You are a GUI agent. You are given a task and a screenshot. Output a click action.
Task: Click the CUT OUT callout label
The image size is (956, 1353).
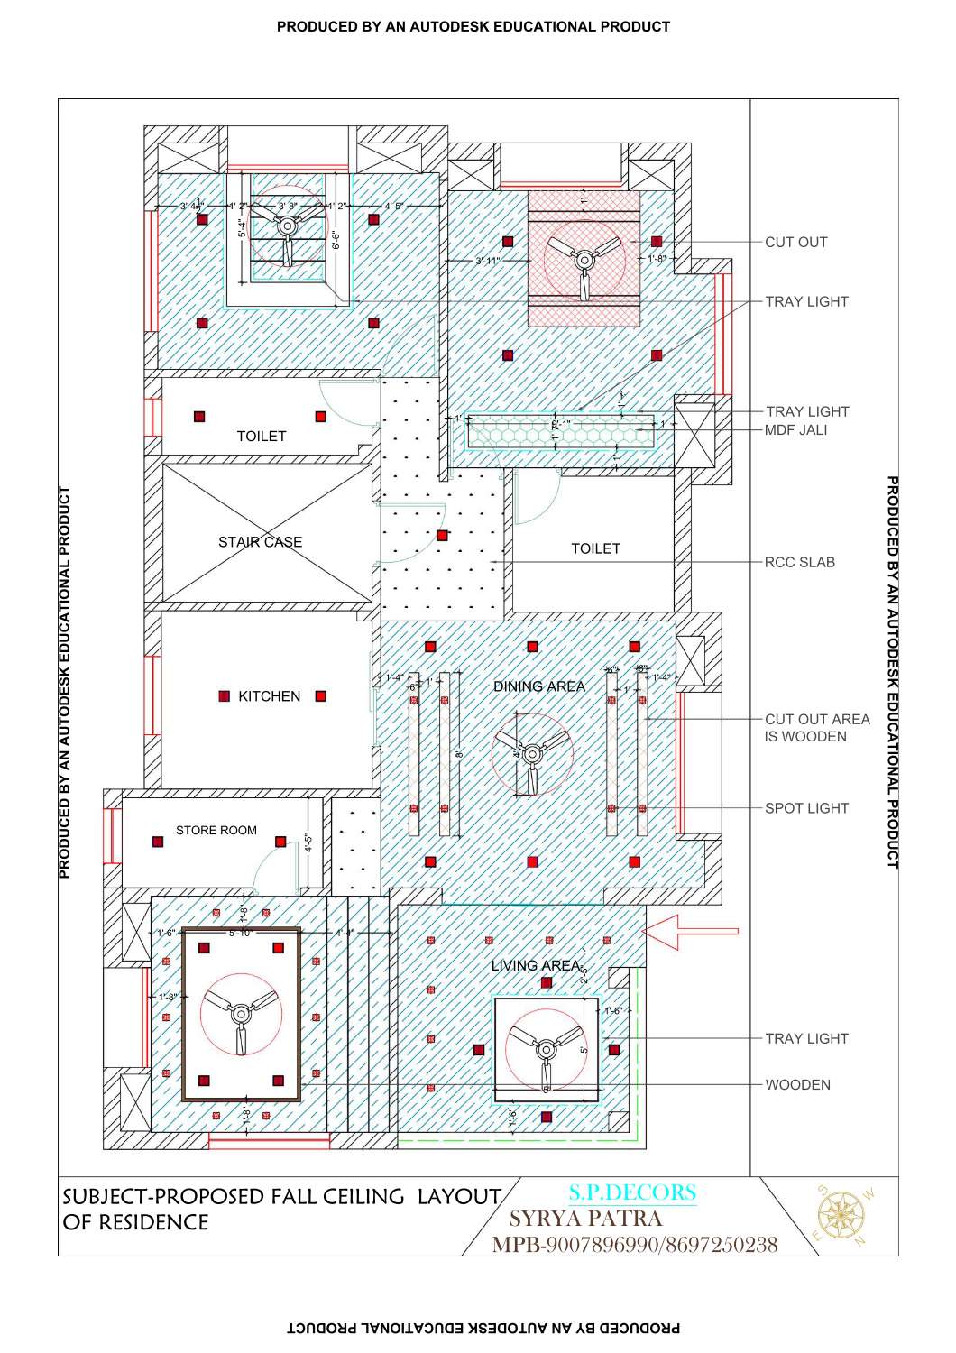(x=795, y=242)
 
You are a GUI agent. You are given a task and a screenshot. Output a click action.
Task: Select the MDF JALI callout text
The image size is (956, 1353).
(x=795, y=430)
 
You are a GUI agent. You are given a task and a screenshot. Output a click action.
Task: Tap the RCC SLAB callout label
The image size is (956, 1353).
(x=799, y=562)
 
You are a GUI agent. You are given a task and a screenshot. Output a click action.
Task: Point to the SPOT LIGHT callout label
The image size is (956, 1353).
(x=806, y=808)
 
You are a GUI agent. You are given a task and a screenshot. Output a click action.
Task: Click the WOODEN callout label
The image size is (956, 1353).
(x=797, y=1085)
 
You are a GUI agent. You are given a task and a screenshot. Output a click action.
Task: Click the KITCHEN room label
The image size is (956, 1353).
(x=269, y=696)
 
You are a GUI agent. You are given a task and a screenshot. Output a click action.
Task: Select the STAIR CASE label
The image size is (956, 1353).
(x=260, y=542)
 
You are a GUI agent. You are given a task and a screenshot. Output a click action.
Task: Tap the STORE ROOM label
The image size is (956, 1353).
(x=216, y=830)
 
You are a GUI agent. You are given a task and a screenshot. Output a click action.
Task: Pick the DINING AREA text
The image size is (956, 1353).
(x=538, y=686)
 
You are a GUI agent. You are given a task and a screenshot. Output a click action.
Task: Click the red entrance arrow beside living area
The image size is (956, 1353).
(x=694, y=931)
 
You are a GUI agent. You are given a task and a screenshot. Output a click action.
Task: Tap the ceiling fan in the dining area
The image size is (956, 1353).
(x=532, y=754)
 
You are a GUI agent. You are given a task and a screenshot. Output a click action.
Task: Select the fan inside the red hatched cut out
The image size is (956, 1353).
(x=584, y=262)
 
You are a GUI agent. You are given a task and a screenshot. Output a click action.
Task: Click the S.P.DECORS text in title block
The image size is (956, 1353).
(x=632, y=1192)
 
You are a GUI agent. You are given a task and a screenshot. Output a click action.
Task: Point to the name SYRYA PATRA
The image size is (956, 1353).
(x=586, y=1219)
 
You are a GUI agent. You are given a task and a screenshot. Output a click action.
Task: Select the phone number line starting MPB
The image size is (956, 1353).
(x=634, y=1245)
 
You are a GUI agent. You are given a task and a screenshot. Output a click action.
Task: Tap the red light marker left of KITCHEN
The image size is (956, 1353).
(x=225, y=696)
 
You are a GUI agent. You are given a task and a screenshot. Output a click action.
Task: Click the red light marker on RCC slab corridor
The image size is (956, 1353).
(x=442, y=536)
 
